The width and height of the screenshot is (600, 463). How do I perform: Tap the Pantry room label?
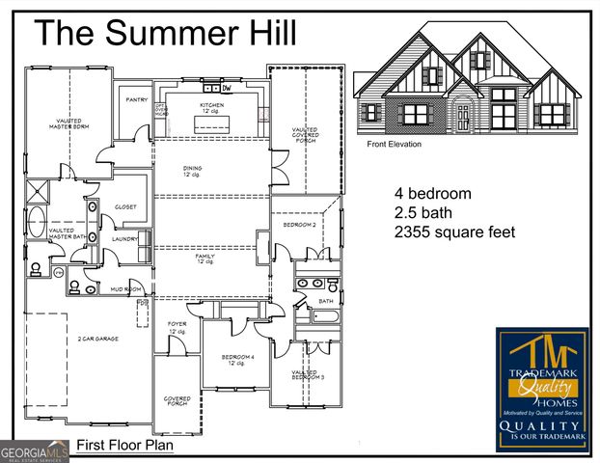[135, 99]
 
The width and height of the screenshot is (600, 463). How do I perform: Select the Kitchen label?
[212, 107]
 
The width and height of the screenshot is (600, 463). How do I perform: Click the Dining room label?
[193, 171]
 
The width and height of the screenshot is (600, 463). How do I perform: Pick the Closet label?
[125, 206]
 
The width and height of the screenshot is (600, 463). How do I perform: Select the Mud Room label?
[126, 288]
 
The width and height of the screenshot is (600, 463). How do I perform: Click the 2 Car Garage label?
[99, 340]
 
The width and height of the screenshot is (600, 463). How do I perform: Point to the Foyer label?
[177, 327]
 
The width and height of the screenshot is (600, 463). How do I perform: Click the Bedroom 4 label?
[237, 359]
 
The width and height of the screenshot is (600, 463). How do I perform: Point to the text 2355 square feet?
[455, 232]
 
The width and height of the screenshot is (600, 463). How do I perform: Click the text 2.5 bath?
[423, 212]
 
